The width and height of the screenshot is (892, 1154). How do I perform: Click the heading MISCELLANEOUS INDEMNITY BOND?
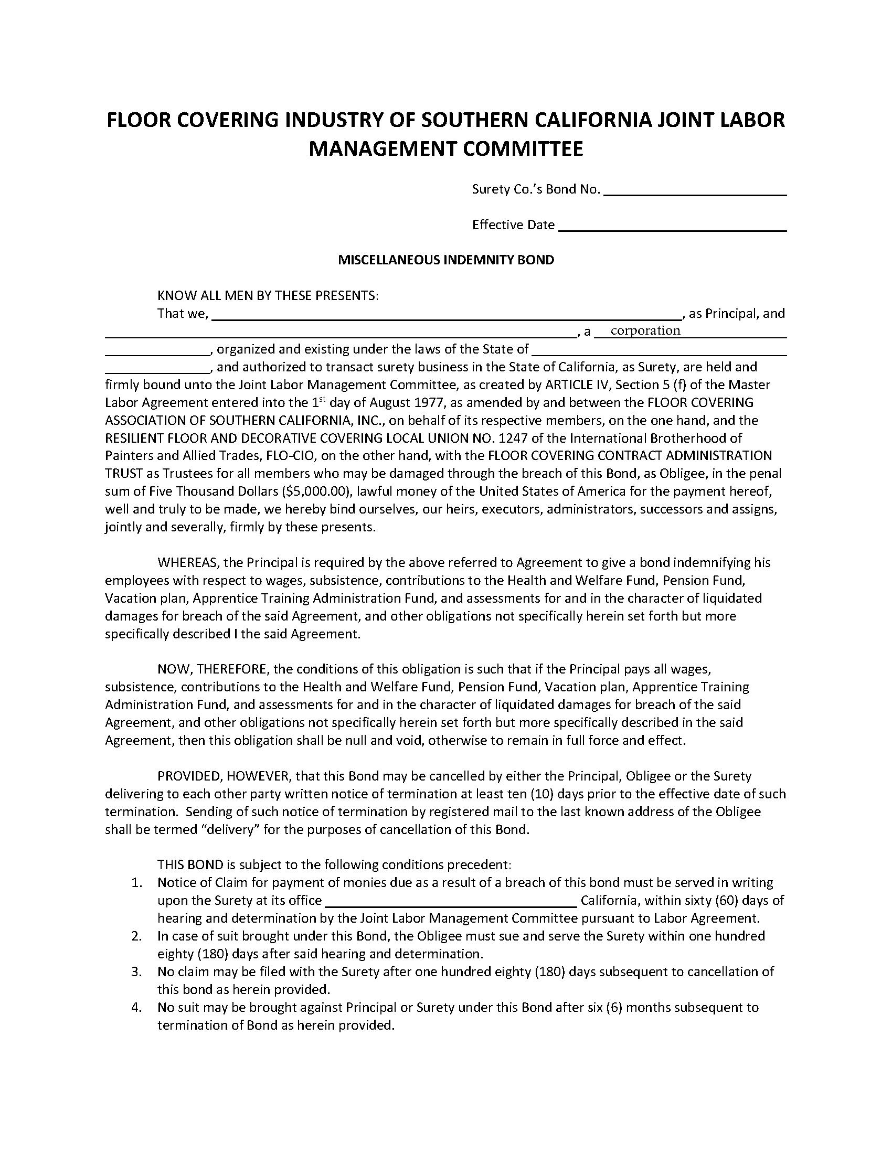pos(446,260)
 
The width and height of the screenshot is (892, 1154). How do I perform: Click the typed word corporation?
pos(645,331)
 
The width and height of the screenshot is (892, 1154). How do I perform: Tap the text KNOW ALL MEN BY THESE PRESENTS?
pos(268,295)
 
